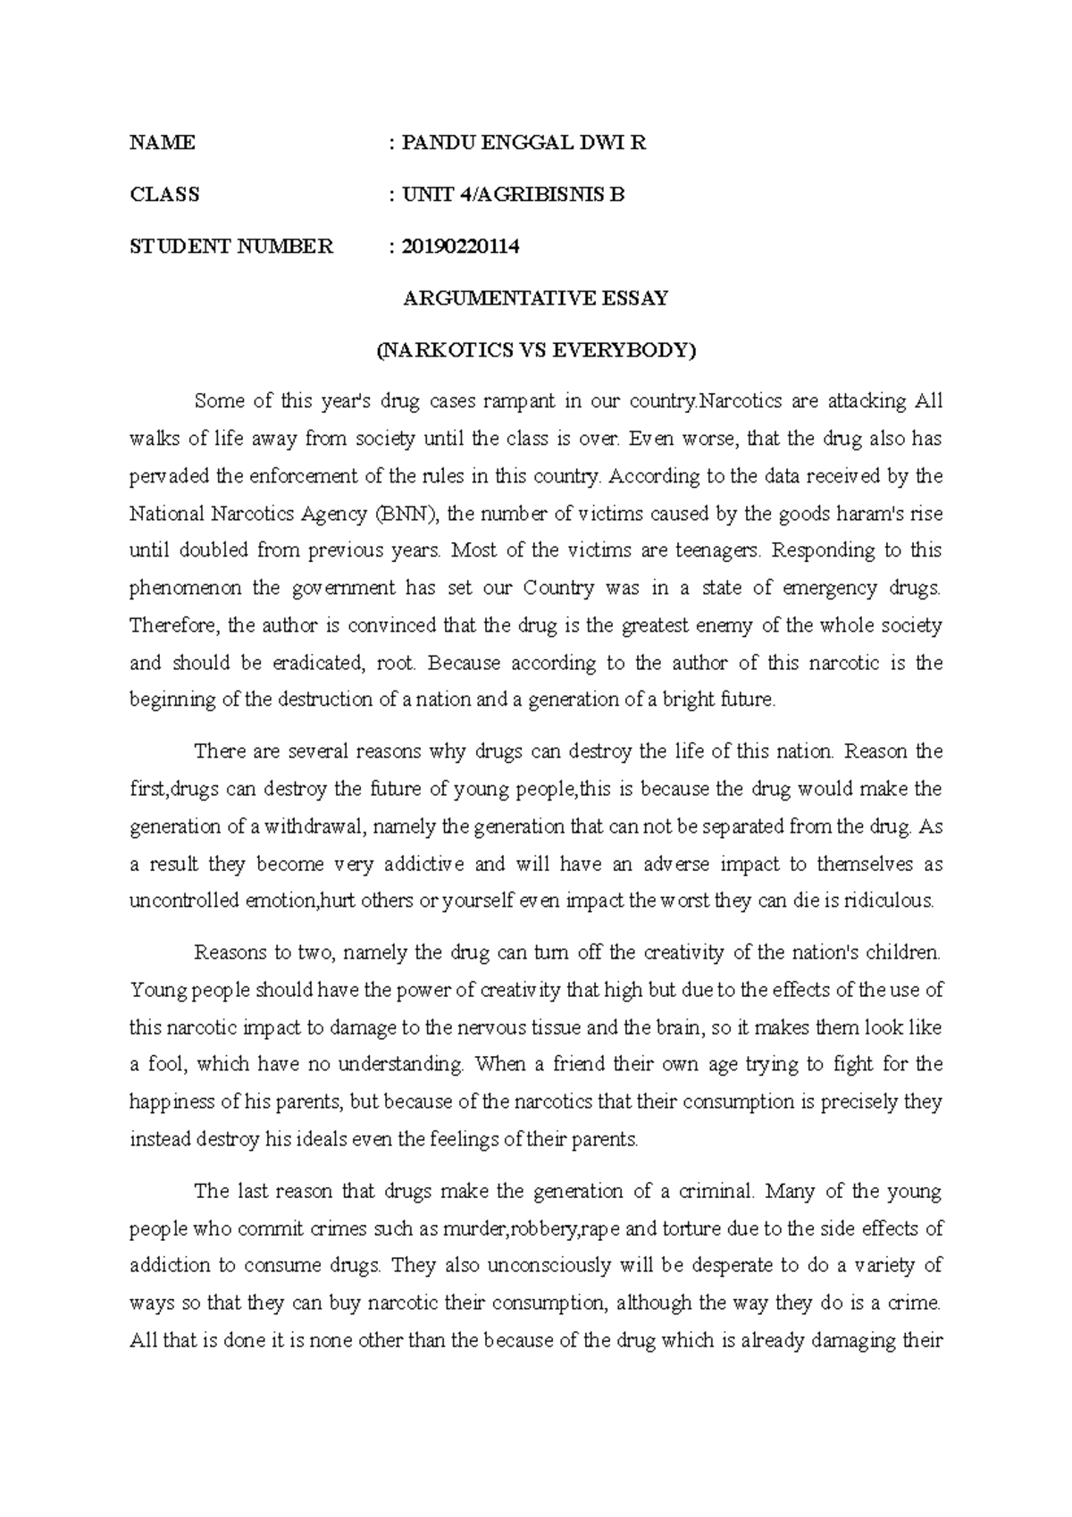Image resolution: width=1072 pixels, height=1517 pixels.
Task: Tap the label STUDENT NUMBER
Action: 231,247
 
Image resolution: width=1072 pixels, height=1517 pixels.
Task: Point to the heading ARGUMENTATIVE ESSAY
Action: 536,298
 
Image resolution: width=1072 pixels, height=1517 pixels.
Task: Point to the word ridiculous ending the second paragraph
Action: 888,901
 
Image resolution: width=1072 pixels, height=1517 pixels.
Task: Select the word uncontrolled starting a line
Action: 184,901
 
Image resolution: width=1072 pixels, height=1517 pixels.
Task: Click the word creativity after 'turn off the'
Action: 683,952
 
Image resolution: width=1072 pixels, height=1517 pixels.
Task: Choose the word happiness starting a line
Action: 172,1102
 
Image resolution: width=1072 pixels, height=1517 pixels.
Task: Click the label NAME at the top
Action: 162,143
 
